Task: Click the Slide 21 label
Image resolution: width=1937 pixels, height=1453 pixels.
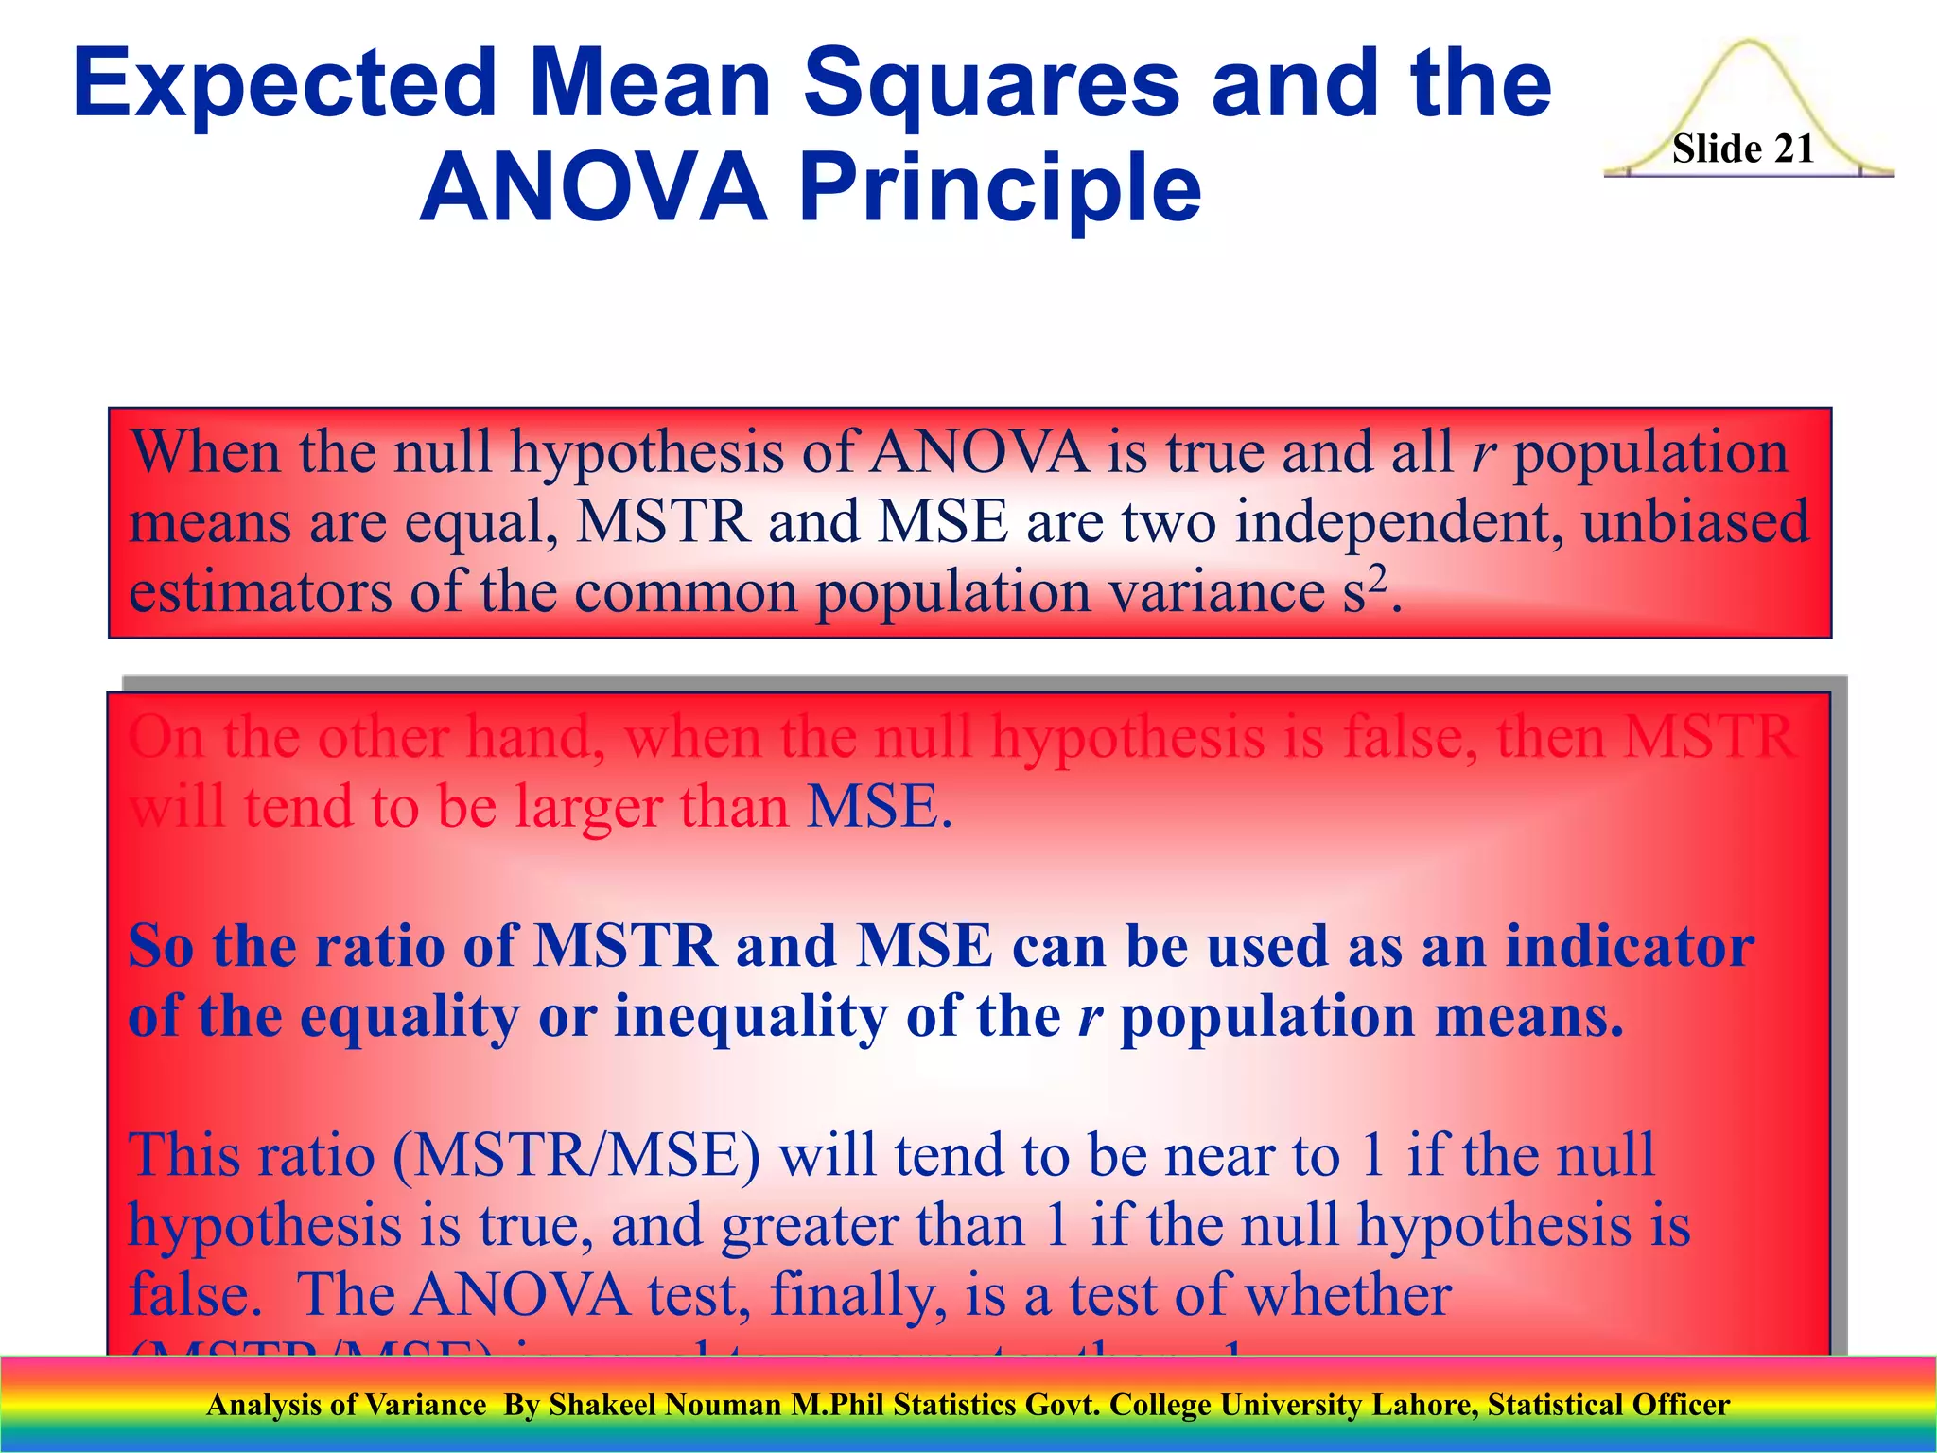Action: coord(1742,149)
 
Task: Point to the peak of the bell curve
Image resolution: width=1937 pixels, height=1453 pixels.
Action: coord(1749,44)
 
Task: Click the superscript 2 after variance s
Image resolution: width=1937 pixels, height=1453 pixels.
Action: coord(1379,576)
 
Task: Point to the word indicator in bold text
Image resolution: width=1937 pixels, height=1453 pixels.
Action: coord(1630,946)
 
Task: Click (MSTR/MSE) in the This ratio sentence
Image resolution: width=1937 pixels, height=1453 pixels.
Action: coord(576,1156)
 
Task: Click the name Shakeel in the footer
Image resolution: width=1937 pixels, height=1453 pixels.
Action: coord(602,1405)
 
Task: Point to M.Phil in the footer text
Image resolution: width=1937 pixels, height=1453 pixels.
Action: coord(838,1405)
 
